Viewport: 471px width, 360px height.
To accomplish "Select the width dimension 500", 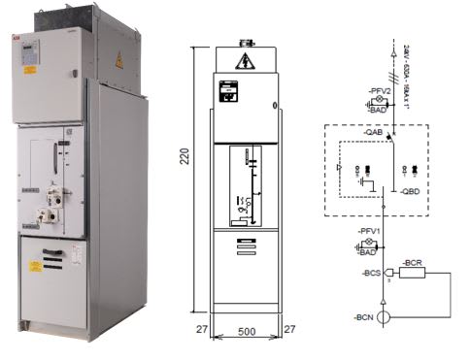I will point(248,331).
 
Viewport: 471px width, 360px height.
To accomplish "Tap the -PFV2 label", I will point(380,90).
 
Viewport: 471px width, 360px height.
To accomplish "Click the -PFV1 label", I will point(366,231).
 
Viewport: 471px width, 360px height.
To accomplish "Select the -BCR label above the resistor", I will point(412,264).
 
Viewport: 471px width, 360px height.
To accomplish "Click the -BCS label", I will point(369,275).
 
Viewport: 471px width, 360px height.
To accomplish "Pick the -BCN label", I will point(366,317).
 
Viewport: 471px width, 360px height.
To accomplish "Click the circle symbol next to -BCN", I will point(386,317).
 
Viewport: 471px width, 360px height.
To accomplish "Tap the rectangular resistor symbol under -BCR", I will point(413,274).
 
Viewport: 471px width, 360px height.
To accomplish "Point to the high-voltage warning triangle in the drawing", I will point(244,62).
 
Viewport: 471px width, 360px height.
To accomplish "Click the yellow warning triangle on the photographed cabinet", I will point(119,62).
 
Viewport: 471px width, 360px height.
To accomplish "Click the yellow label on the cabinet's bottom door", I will point(36,266).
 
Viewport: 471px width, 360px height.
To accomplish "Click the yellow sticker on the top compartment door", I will point(29,69).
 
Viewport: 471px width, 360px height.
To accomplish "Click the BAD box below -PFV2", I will point(379,111).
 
